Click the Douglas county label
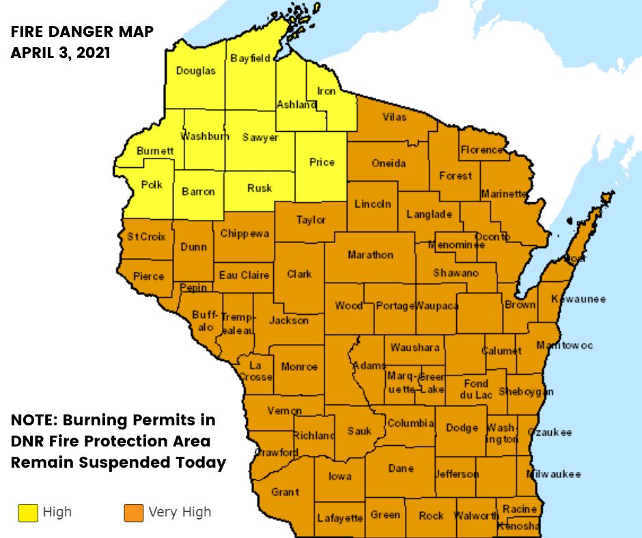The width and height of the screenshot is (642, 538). [195, 71]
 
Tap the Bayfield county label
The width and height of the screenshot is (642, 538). [250, 59]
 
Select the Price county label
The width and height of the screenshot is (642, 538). [322, 162]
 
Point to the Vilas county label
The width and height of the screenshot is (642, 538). [394, 117]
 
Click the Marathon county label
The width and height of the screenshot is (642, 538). [370, 255]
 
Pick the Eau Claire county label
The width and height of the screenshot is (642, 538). [244, 275]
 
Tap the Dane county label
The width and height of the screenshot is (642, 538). [401, 468]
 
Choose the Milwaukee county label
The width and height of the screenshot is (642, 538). [553, 474]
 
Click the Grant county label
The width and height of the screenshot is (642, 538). [285, 492]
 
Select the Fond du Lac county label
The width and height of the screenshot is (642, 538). [476, 389]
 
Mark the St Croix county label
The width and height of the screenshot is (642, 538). [145, 237]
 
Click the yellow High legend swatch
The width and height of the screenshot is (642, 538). [28, 513]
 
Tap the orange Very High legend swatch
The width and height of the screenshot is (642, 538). [134, 513]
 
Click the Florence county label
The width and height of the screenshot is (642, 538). [482, 150]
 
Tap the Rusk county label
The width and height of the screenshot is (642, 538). [260, 188]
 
